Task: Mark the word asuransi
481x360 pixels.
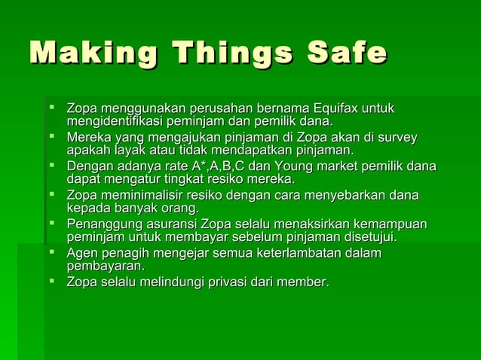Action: pyautogui.click(x=167, y=224)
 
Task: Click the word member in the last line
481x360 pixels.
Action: pyautogui.click(x=303, y=282)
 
